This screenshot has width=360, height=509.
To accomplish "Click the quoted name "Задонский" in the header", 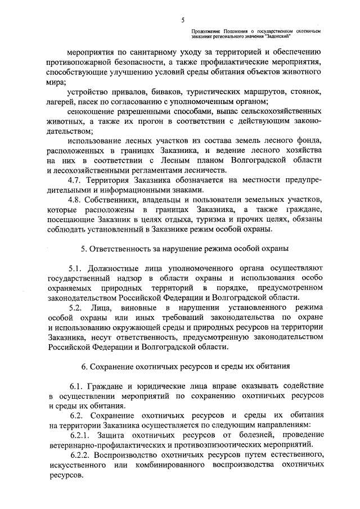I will click(275, 35).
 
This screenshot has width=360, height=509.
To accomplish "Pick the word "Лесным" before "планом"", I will click(184, 160).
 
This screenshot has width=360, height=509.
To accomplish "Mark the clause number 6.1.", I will click(77, 386).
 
